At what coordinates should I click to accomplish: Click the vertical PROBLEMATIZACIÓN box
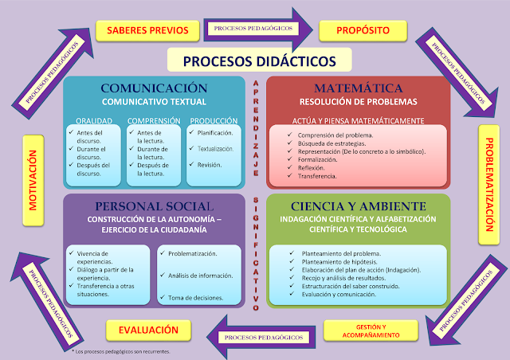492,183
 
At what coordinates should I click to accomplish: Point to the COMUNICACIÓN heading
154,88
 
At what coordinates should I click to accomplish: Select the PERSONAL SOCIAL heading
154,205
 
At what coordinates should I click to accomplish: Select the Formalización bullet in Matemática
322,159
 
